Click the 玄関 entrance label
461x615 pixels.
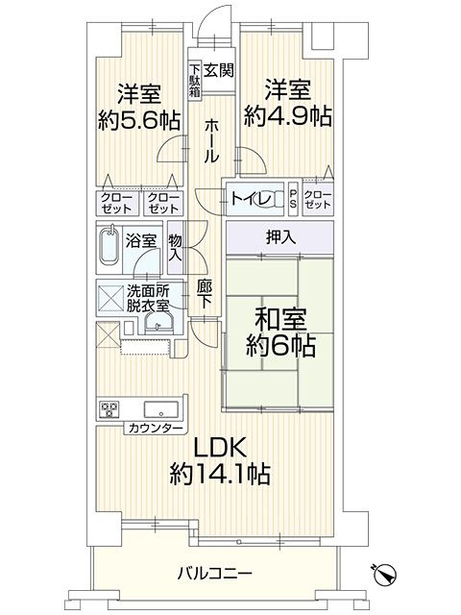(x=219, y=69)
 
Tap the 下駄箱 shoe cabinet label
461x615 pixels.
(x=194, y=79)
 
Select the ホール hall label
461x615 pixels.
(x=211, y=140)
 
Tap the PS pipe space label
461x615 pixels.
(x=294, y=200)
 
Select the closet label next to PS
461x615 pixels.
(x=316, y=200)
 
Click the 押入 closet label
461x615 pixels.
(x=279, y=235)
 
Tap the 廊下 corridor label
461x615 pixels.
(x=205, y=294)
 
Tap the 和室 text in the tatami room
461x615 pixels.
(x=279, y=316)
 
